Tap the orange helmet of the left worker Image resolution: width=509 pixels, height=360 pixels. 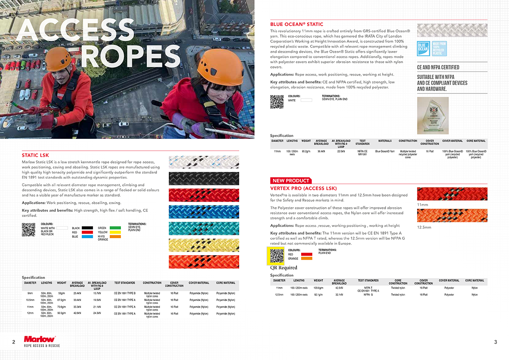point(59,55)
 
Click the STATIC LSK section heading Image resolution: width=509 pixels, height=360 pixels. point(36,155)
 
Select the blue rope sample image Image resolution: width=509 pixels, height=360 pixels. point(204,212)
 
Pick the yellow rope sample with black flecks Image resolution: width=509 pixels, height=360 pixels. point(204,245)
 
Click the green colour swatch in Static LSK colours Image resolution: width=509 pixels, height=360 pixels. point(115,228)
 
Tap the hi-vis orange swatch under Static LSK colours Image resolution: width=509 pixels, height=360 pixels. point(115,237)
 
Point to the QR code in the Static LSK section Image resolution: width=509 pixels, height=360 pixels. point(28,229)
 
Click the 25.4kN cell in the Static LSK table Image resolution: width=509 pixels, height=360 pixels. point(77,293)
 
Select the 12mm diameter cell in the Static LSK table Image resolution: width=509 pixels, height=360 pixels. point(30,313)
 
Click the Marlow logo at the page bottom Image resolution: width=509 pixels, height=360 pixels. point(39,339)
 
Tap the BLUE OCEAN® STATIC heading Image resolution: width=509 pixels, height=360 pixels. point(296,25)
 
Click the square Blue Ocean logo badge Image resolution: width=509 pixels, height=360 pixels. point(423,48)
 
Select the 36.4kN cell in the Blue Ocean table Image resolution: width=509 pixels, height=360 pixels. point(321,151)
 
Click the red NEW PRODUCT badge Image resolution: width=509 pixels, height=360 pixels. point(291,181)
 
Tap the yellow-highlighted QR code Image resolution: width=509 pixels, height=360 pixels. point(277,255)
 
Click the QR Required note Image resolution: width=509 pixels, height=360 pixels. point(284,268)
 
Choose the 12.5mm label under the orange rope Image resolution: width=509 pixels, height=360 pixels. point(424,227)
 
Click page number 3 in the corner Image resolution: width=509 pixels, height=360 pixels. point(495,342)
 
